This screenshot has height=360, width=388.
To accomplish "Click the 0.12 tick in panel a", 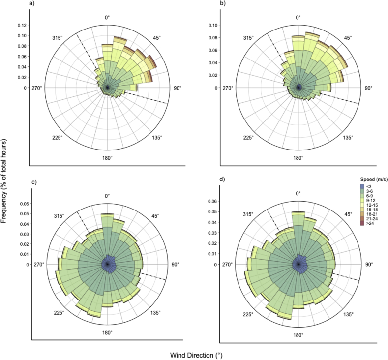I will [22, 25].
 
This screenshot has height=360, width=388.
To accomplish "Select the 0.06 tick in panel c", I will [24, 204].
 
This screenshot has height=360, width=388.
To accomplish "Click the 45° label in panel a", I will [157, 38].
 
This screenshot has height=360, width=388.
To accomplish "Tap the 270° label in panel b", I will [228, 88].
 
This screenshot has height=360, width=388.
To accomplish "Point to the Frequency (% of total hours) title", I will [5, 180].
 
